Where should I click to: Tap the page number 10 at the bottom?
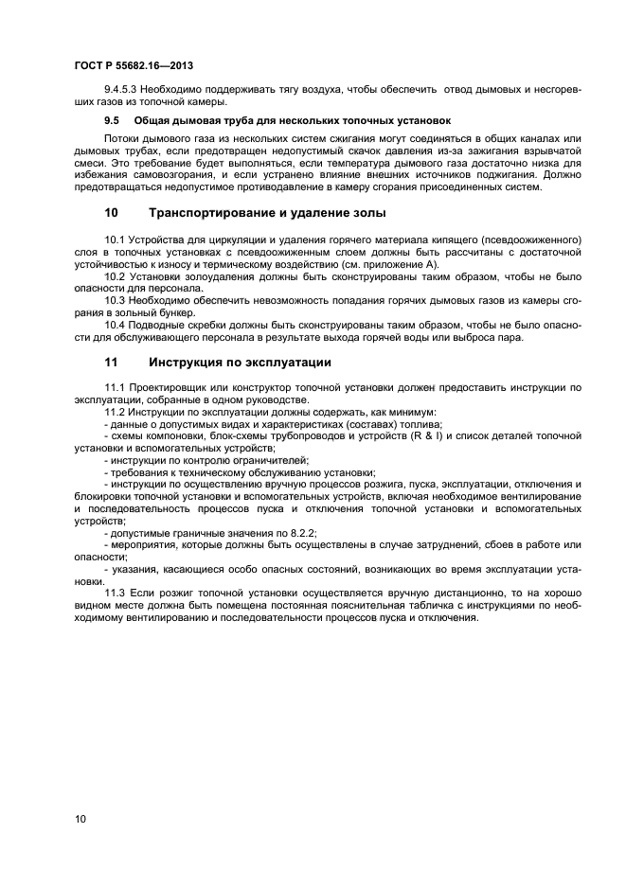click(x=80, y=818)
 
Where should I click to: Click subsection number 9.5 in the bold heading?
click(x=111, y=121)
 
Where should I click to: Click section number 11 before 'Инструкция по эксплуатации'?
click(x=111, y=363)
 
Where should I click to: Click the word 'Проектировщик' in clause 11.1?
click(x=172, y=388)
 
